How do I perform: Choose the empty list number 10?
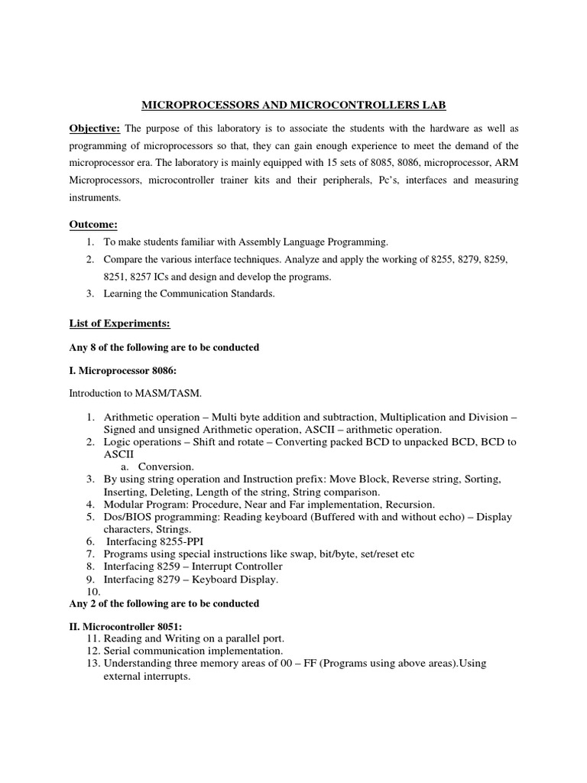click(x=93, y=591)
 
